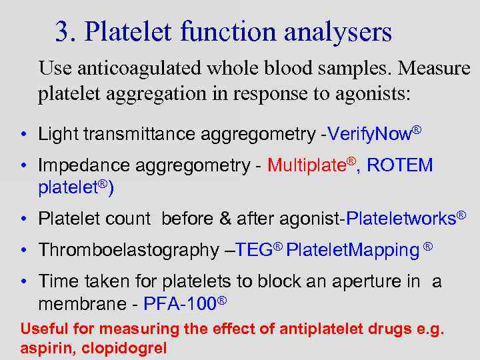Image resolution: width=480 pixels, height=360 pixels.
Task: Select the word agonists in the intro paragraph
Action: (x=370, y=93)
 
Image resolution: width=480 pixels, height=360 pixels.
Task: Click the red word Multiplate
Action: (x=305, y=165)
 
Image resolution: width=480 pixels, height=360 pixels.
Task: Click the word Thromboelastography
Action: (x=127, y=250)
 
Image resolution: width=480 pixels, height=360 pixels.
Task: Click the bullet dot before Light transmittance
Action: (x=23, y=135)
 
